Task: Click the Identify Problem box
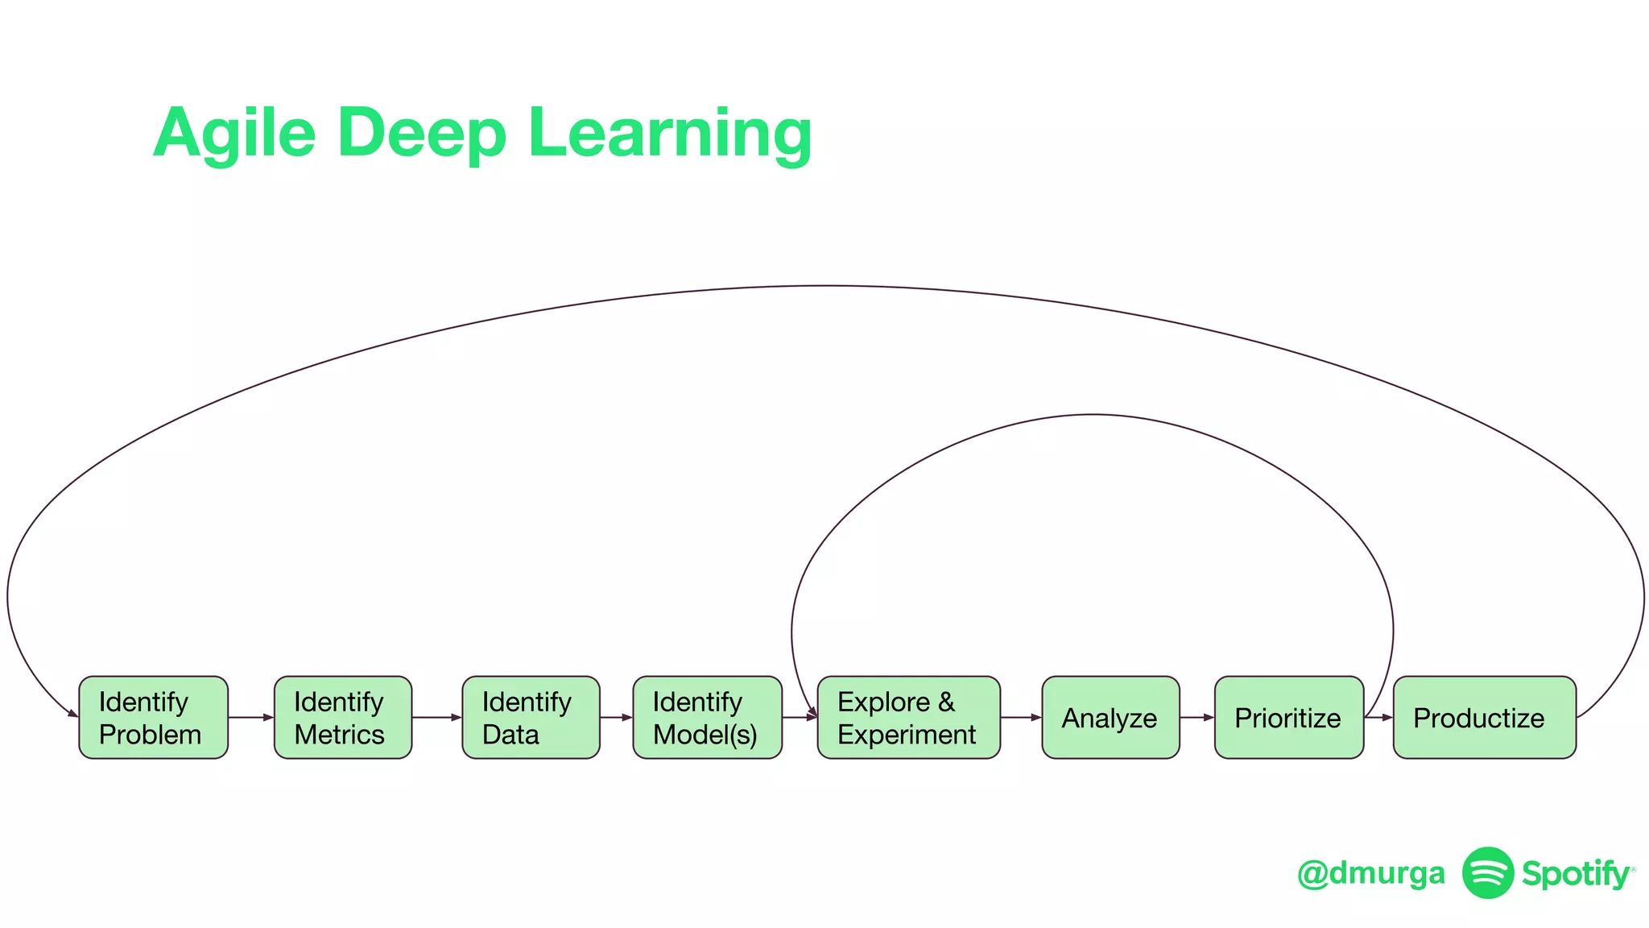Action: [x=153, y=717]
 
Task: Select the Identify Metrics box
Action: [x=343, y=717]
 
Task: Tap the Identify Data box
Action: [x=531, y=717]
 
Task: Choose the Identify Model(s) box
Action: [x=707, y=717]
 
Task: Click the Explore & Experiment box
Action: [x=908, y=717]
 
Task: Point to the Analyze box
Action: [x=1110, y=717]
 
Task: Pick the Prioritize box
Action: [x=1288, y=717]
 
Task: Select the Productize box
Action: [x=1484, y=717]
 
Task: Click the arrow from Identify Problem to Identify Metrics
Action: [x=251, y=717]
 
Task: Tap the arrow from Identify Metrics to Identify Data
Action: [x=437, y=717]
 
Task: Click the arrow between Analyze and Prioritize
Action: [x=1197, y=717]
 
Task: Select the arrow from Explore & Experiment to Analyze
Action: [x=1021, y=717]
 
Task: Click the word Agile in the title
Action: [x=234, y=133]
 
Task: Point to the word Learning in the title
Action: [x=669, y=133]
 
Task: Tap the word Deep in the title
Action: [x=421, y=133]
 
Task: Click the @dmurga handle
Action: [x=1370, y=873]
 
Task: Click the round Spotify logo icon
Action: [x=1488, y=872]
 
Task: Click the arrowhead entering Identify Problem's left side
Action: [x=72, y=713]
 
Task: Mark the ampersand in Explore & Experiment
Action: [x=946, y=702]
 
